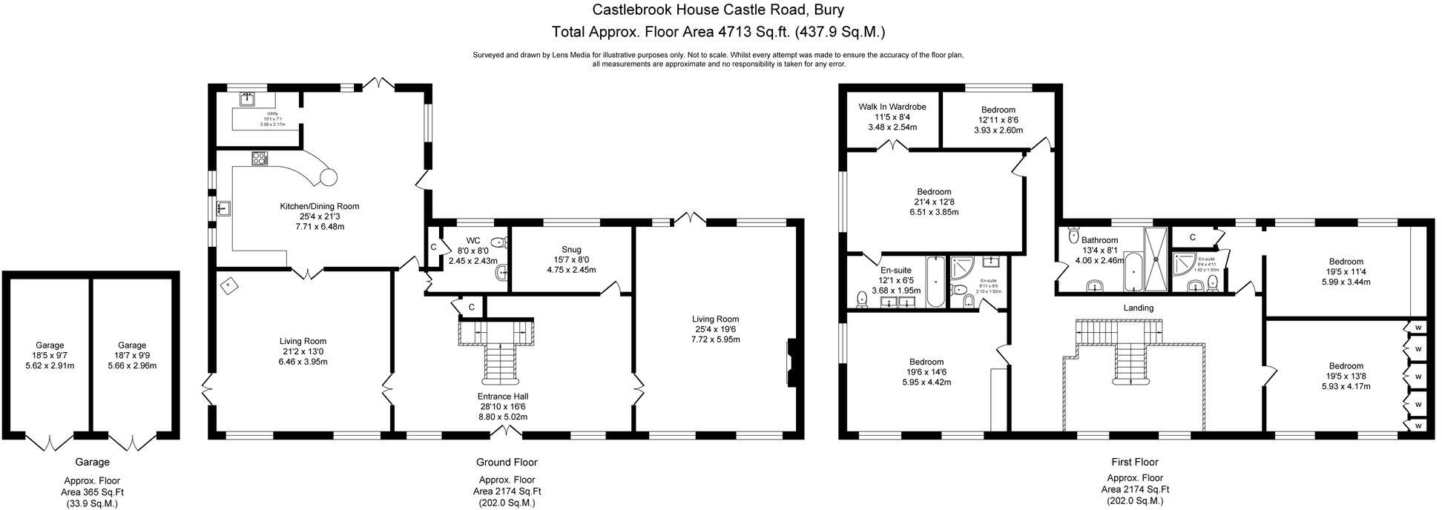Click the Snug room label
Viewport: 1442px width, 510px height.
tap(571, 250)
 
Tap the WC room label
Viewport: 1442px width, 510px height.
tap(473, 241)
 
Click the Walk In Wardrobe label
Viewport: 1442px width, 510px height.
tap(892, 107)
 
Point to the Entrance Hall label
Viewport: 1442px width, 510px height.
tap(503, 397)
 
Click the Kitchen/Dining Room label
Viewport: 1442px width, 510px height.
tap(319, 206)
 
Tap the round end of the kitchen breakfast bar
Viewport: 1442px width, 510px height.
tap(328, 176)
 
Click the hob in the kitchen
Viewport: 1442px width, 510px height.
tap(260, 158)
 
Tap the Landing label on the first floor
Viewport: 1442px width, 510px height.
tap(1138, 308)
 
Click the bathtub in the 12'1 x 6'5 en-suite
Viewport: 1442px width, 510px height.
tap(934, 282)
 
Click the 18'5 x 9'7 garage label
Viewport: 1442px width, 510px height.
tap(50, 345)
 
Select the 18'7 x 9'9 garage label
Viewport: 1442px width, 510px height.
tap(132, 345)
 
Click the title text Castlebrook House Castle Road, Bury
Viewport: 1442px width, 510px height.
tap(717, 10)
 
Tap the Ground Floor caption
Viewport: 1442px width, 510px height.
tap(507, 463)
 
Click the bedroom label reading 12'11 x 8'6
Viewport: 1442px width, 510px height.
tap(998, 110)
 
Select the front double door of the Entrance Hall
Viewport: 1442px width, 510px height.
tap(507, 432)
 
